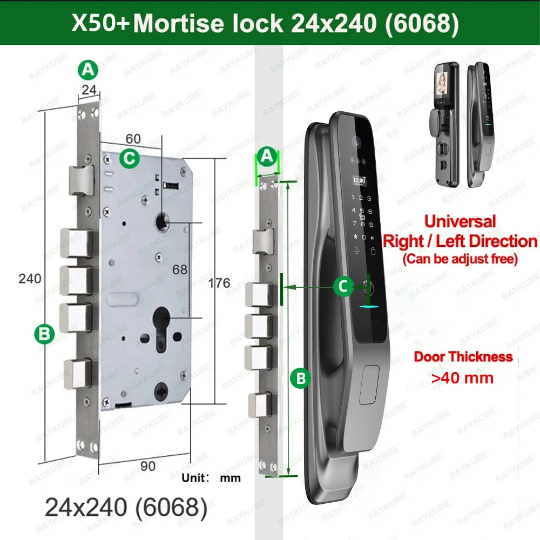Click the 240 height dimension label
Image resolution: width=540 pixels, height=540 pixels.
click(30, 279)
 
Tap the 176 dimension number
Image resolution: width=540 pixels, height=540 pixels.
click(219, 283)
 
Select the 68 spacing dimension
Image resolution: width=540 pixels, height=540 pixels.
click(180, 269)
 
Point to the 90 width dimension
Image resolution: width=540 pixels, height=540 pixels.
click(148, 466)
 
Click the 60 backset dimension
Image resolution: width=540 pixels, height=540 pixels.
click(133, 139)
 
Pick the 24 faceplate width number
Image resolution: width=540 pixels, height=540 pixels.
click(89, 90)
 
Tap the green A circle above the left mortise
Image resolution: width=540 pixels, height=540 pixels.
click(88, 70)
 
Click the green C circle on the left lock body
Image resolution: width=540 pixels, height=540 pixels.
click(130, 158)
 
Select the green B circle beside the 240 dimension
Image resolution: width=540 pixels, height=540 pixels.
click(44, 334)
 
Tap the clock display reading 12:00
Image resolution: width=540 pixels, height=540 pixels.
click(359, 180)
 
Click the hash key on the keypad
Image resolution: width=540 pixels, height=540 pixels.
click(372, 238)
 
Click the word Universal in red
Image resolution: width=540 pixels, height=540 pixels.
click(460, 221)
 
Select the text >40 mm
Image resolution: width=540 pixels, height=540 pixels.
click(462, 378)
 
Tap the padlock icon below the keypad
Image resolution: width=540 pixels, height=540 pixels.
click(373, 251)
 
